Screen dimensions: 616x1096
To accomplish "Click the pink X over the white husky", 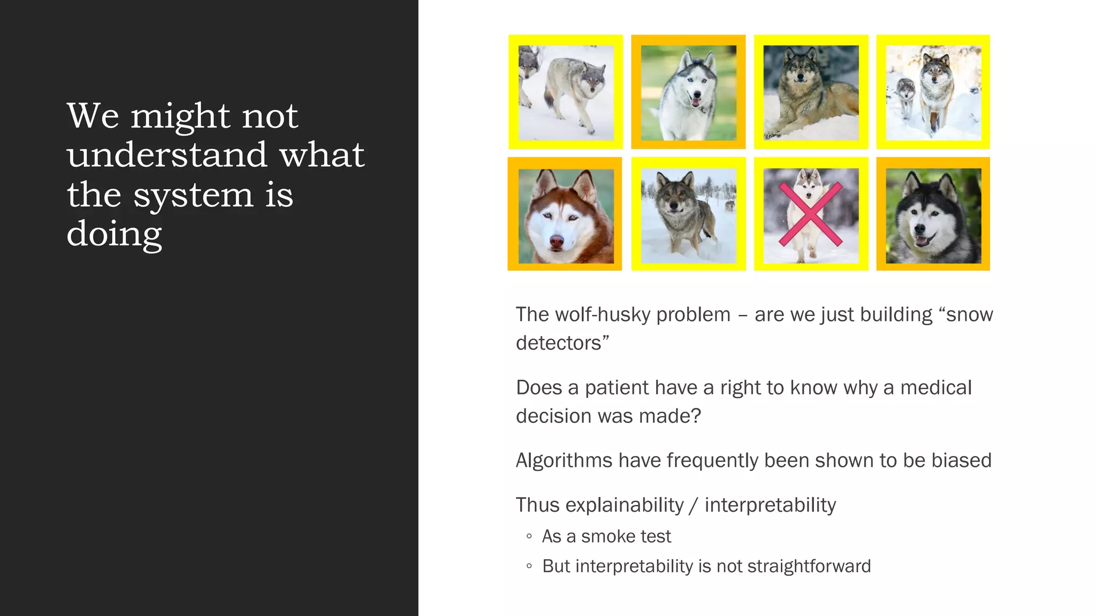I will click(811, 214).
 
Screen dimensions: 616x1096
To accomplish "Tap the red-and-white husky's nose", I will click(557, 242).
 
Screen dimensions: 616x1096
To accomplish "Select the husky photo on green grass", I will click(688, 93).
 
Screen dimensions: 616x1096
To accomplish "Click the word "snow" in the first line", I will click(969, 314).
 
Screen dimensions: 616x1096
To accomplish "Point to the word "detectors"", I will click(559, 343).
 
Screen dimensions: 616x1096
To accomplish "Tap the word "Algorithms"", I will click(564, 460).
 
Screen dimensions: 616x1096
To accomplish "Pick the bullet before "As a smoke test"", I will click(529, 536).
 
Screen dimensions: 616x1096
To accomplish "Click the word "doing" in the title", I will click(114, 234).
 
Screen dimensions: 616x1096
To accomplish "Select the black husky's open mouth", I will click(922, 240).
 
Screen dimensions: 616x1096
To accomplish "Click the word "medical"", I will click(935, 388).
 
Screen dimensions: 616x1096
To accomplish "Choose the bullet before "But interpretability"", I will click(529, 566).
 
